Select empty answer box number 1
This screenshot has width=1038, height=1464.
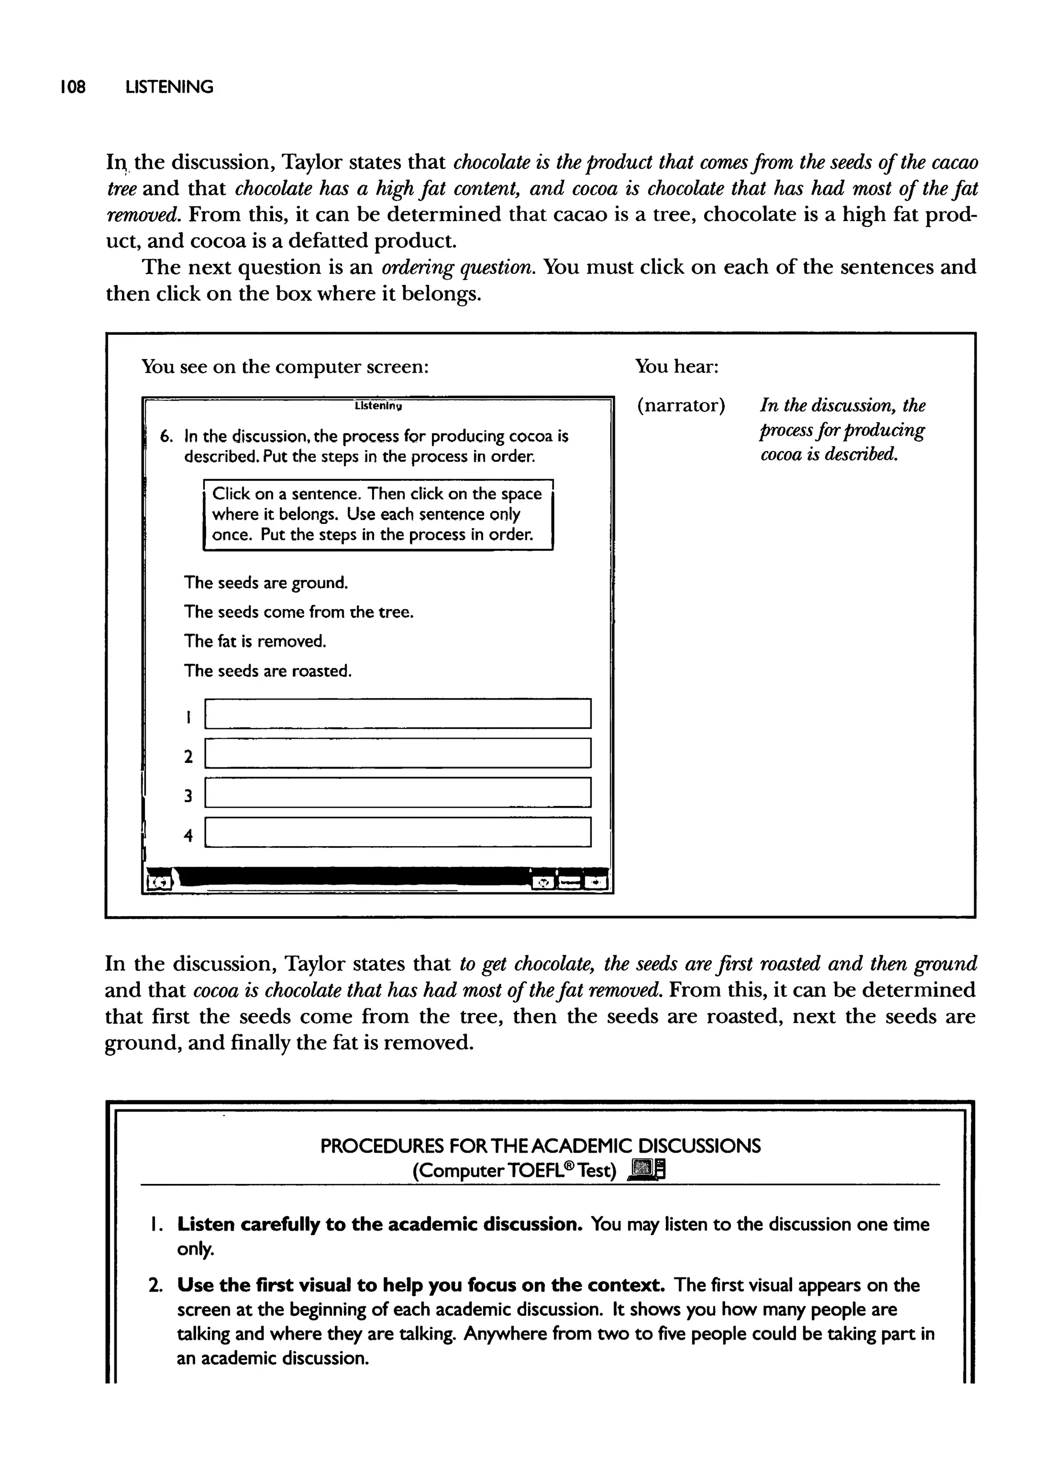[x=397, y=713]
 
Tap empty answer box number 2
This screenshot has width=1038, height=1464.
[x=397, y=753]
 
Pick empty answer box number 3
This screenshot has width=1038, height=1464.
[x=397, y=792]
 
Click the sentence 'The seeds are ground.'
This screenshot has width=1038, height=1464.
[x=266, y=583]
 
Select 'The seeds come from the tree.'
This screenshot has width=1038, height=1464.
[x=299, y=612]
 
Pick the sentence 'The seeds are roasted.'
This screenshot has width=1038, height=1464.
[x=268, y=671]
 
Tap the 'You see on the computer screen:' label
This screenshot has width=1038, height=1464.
[x=284, y=367]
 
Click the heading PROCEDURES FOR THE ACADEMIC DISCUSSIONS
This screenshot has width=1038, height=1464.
[x=540, y=1145]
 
